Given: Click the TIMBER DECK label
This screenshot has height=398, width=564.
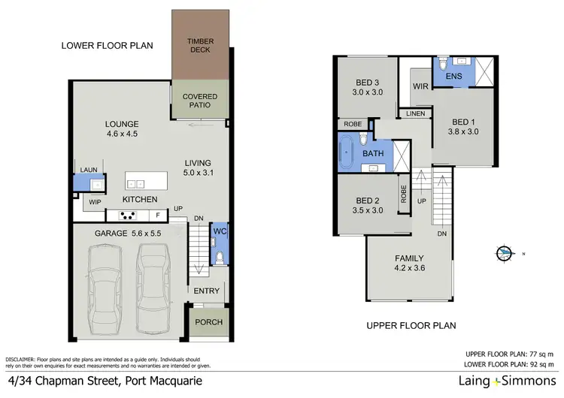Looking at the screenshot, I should point(200,45).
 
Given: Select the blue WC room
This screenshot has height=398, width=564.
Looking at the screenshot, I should point(219,244).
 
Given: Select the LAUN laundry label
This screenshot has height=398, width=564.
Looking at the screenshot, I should point(89,170).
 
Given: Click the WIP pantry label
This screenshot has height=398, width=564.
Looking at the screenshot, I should point(95,202).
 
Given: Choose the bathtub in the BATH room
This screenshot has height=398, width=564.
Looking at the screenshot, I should point(347,153).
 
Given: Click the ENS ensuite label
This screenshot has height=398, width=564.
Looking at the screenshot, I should point(454,77).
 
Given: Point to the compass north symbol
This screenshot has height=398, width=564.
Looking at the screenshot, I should point(503,252).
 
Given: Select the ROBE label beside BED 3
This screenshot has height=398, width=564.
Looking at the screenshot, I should point(352,125).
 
